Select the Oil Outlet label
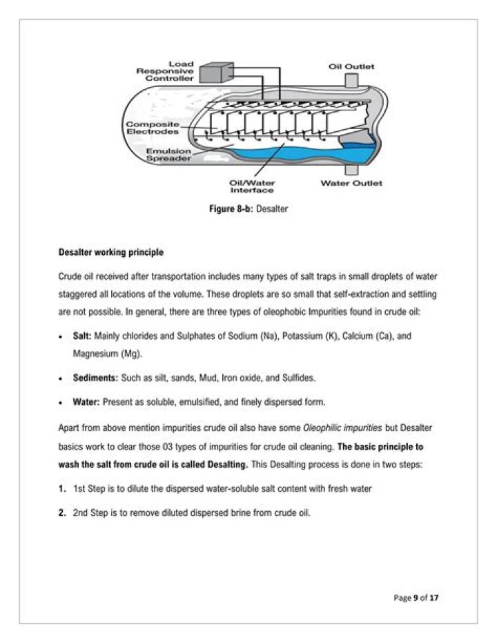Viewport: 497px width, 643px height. point(351,66)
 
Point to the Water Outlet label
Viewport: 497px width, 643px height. point(351,183)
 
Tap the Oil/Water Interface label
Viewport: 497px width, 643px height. point(251,186)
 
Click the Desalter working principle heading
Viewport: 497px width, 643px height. point(111,253)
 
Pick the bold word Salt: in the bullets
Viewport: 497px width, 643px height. point(82,335)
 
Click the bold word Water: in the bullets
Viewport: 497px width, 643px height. point(86,401)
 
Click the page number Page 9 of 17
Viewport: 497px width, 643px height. point(416,597)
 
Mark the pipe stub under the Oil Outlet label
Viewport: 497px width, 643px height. point(351,81)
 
